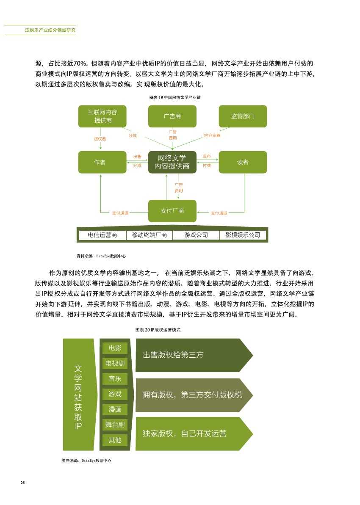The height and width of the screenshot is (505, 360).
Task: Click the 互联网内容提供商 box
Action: [102, 116]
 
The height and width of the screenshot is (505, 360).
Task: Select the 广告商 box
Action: [172, 116]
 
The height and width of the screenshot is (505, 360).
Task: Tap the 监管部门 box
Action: [243, 116]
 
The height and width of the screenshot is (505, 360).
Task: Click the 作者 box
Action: [102, 162]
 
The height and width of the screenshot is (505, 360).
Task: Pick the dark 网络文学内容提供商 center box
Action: [172, 162]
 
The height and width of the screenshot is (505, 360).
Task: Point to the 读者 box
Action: [243, 162]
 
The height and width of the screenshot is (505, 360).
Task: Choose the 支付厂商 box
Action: [172, 211]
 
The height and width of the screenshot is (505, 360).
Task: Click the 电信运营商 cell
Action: [102, 235]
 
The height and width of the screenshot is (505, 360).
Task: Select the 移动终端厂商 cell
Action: [149, 235]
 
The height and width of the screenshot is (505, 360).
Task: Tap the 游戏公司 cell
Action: [196, 235]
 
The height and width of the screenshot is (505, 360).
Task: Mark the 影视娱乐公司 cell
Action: [243, 235]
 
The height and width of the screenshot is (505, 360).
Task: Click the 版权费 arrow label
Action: [100, 139]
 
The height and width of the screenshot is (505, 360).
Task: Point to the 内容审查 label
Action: [212, 135]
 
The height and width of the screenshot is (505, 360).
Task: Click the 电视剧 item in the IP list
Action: [115, 363]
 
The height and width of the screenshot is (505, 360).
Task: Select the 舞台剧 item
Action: [115, 425]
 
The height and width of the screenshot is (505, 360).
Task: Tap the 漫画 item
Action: [115, 409]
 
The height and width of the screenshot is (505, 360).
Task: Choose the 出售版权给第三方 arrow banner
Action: [194, 355]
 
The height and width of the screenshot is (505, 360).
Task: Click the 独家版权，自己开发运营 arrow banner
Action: [194, 433]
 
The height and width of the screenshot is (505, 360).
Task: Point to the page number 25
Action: [22, 483]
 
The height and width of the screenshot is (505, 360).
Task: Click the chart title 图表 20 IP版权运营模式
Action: [158, 330]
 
